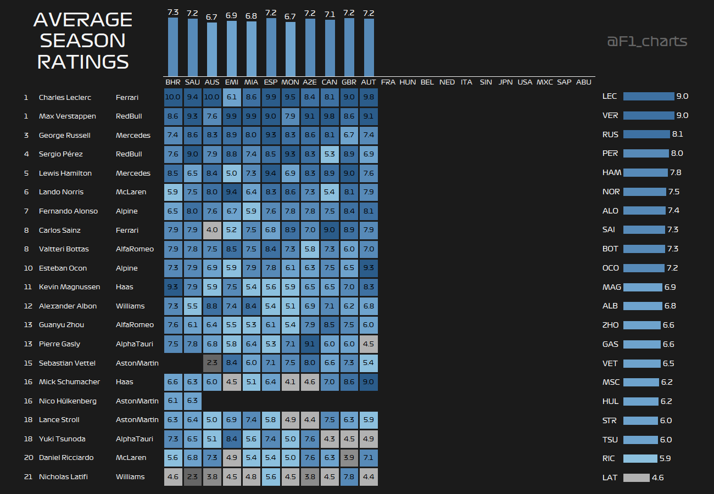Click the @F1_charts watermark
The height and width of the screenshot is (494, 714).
647,42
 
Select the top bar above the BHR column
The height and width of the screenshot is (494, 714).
173,47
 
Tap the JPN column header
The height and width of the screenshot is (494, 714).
505,82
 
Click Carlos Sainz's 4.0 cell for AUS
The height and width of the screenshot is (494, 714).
212,230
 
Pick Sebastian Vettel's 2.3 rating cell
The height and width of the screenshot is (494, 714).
212,363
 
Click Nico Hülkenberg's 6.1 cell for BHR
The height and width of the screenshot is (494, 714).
173,401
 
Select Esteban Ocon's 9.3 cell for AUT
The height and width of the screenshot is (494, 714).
369,268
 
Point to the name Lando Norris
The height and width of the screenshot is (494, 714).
61,192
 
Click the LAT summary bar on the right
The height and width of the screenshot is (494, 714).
636,478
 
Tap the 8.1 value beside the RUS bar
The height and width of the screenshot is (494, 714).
677,134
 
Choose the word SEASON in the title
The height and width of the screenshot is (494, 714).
83,41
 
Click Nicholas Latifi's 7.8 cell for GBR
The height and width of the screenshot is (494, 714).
349,477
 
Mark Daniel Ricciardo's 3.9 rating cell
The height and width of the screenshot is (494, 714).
349,458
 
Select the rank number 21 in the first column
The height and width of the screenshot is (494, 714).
28,477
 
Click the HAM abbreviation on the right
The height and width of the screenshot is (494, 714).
612,173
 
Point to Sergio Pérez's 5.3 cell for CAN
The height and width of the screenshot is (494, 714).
330,154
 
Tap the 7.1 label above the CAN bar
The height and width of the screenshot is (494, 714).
330,14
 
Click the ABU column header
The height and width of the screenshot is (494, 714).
584,82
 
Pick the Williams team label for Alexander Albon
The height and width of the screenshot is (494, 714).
130,306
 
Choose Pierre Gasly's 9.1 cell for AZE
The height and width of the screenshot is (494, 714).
310,344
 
